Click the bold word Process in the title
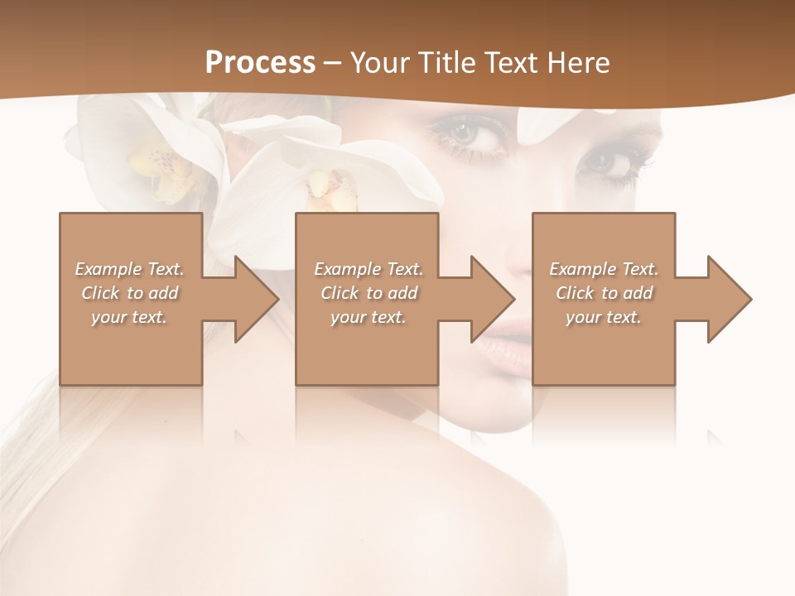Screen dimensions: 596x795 (260, 63)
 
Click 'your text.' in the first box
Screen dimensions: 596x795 (129, 316)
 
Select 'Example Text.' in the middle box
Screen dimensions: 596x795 (369, 269)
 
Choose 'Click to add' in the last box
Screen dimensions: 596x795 (605, 293)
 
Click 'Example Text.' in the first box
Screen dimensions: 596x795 (129, 269)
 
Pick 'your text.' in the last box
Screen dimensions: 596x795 (604, 316)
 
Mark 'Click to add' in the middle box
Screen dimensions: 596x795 (369, 293)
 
